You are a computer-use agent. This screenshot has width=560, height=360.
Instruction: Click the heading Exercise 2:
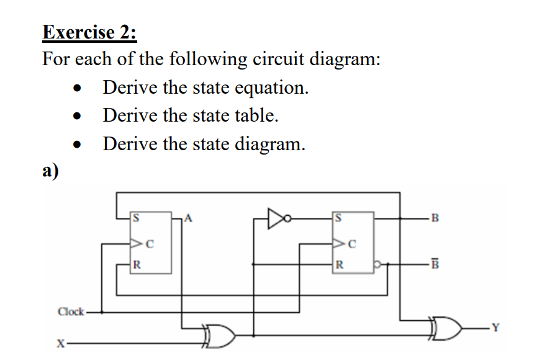pyautogui.click(x=89, y=31)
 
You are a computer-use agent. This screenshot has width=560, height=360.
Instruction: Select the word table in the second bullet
pyautogui.click(x=255, y=115)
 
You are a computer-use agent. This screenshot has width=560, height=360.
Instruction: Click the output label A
pyautogui.click(x=189, y=218)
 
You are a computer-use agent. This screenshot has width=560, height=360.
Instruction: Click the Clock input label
pyautogui.click(x=71, y=312)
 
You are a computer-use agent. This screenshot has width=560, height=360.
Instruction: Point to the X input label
pyautogui.click(x=60, y=342)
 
